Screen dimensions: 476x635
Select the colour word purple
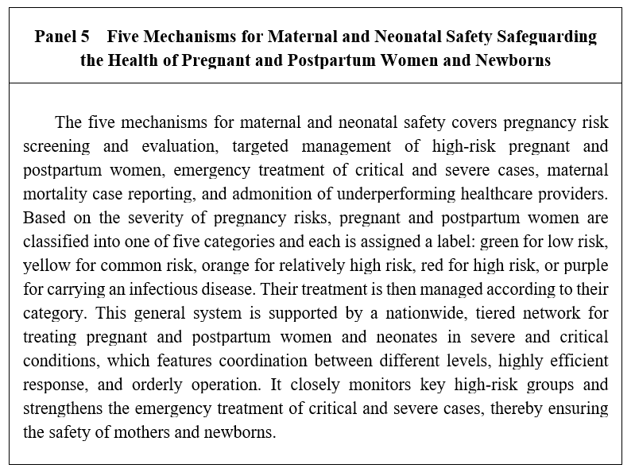click(585, 265)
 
